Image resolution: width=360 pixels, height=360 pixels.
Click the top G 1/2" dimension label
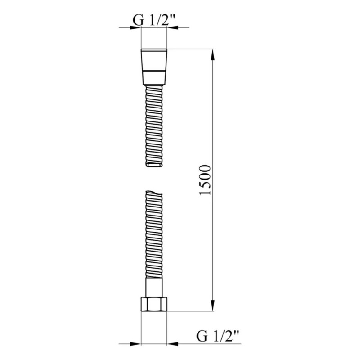[x=154, y=19]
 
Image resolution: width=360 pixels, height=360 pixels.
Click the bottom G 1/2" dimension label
[x=217, y=335]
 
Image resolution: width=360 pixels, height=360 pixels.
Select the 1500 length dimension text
[x=205, y=180]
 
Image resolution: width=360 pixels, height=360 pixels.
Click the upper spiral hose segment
[x=155, y=126]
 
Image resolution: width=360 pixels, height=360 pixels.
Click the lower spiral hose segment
[x=155, y=234]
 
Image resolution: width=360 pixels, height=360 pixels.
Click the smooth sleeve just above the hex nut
[x=155, y=286]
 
